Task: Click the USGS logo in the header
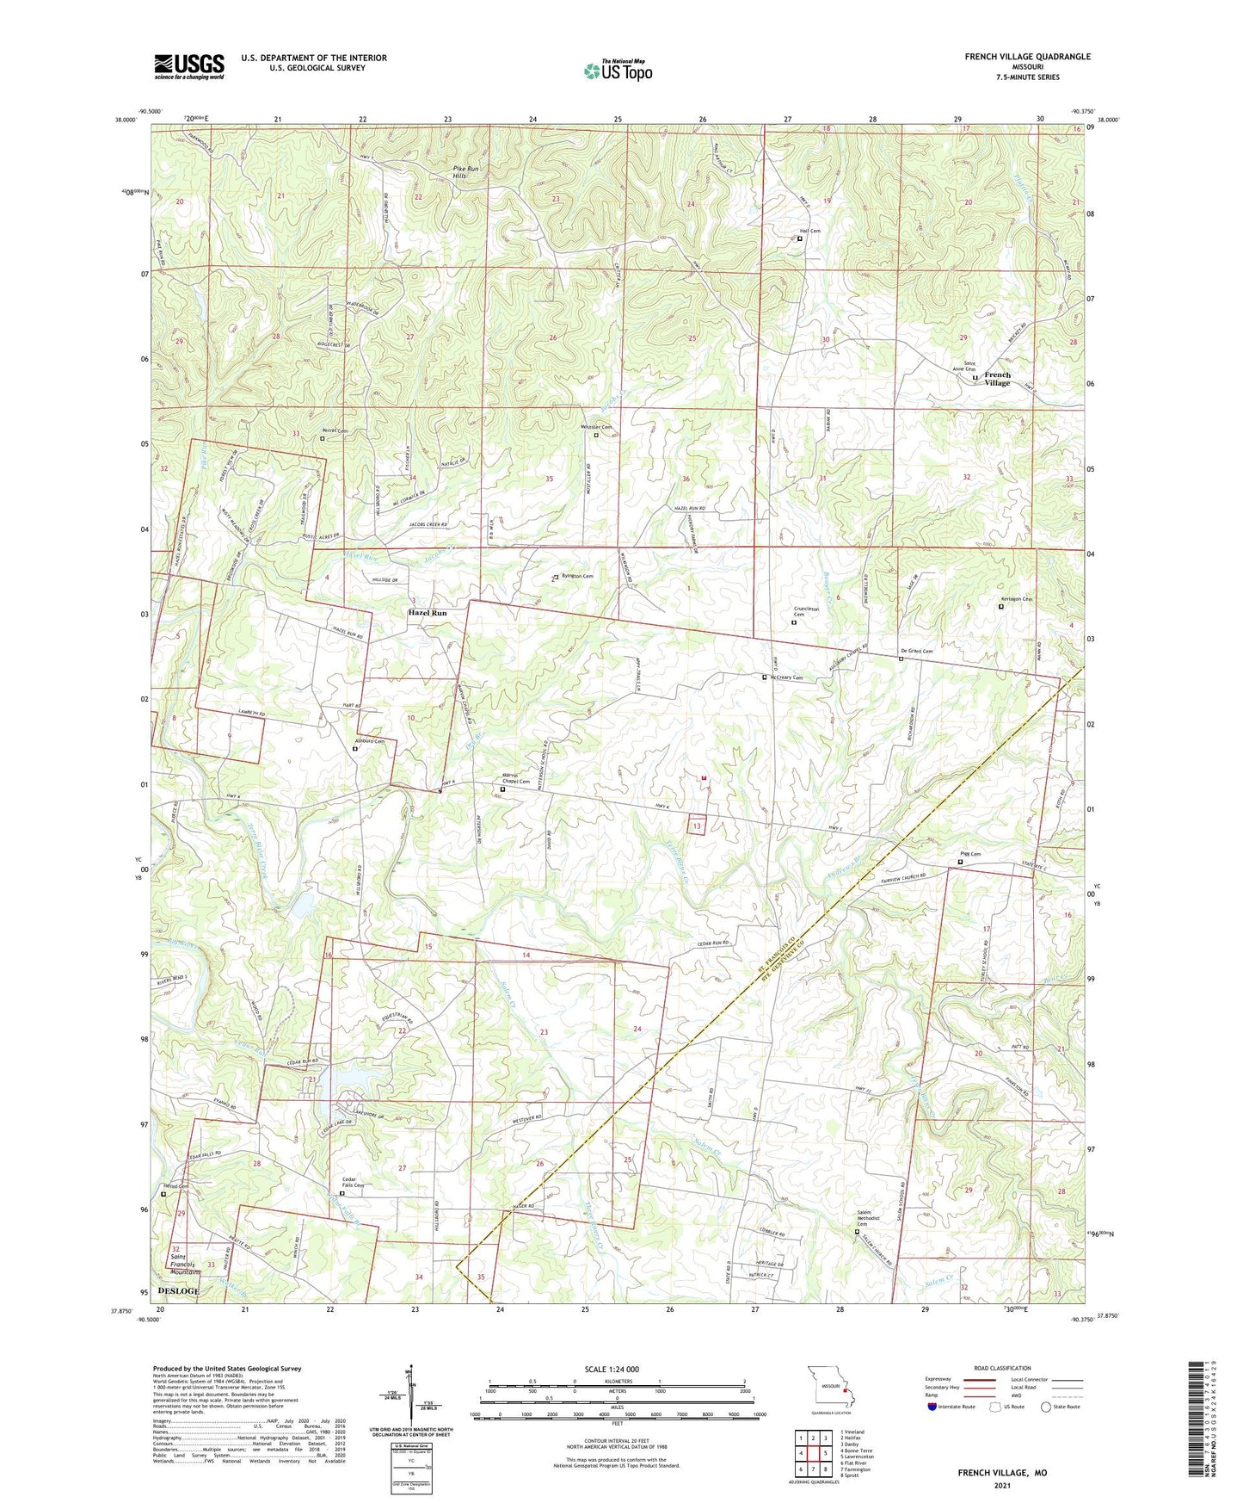point(189,66)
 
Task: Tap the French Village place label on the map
point(997,379)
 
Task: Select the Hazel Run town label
point(428,613)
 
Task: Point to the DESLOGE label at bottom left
point(179,1291)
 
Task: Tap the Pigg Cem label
point(969,854)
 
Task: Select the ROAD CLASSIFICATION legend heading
point(1002,1368)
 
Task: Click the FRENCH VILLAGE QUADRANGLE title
point(1027,57)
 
